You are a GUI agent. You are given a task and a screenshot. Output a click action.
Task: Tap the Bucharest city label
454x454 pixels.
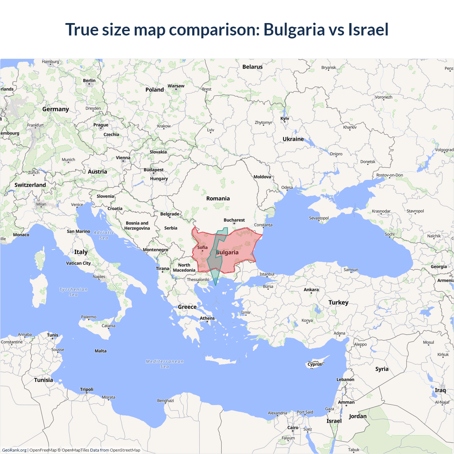coord(234,220)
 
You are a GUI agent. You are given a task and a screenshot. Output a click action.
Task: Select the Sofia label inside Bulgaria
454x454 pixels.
coord(203,248)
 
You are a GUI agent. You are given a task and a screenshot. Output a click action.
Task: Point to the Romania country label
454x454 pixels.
coord(218,199)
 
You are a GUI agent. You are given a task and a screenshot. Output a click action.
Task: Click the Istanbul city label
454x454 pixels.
coord(267,274)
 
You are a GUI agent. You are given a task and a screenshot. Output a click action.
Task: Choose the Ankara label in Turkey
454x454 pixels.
coord(311,290)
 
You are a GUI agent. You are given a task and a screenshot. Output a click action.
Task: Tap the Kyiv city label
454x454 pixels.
coord(285,118)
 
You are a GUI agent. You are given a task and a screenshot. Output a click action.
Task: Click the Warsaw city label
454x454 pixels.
coord(176,86)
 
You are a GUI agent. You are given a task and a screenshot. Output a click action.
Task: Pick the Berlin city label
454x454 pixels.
coord(89,81)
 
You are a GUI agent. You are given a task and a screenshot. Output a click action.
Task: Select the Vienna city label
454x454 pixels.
coord(123,158)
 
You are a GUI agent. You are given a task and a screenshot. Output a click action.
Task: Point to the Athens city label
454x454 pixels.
coord(207,318)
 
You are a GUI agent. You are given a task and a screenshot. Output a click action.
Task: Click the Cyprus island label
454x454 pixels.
coord(315,364)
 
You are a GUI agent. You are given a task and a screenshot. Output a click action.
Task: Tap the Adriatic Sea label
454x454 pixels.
coord(104,235)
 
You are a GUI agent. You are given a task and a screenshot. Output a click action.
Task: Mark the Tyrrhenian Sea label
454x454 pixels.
coord(73,292)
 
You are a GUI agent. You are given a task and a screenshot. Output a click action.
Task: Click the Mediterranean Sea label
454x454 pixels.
coord(165,364)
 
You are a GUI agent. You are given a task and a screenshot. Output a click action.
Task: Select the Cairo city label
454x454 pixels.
coord(293,427)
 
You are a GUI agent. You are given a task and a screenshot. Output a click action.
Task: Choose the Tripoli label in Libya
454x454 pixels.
coord(87,389)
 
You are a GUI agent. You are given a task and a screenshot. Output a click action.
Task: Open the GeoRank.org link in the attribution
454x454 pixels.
coord(14,450)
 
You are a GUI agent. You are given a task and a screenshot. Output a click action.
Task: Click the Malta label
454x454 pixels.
coord(100,351)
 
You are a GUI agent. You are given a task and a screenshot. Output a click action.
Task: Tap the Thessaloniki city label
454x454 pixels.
coord(198,279)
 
